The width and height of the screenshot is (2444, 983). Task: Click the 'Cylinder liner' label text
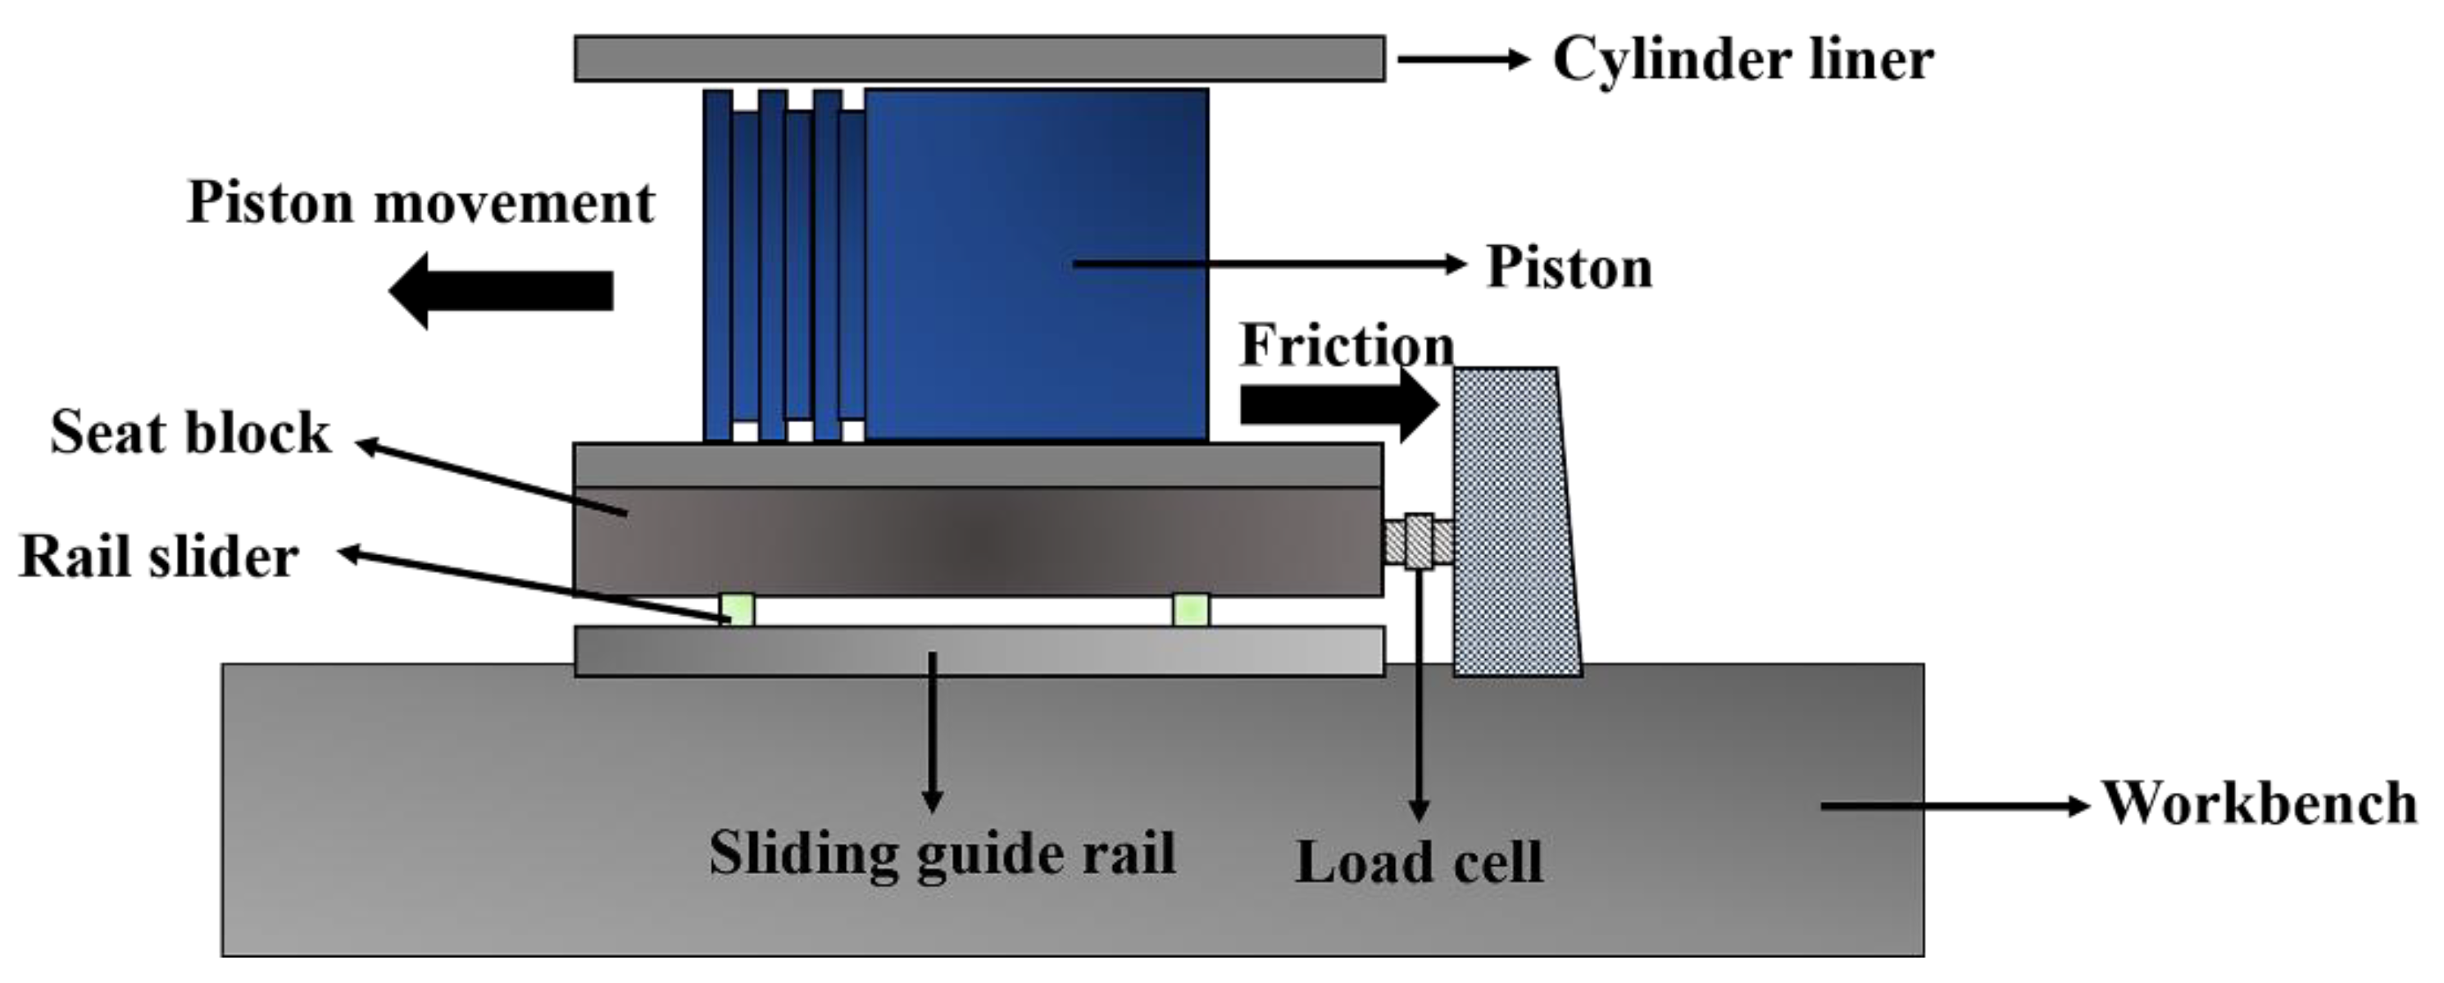(1742, 60)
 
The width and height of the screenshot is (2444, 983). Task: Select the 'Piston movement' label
(420, 203)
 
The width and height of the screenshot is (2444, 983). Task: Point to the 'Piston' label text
(1569, 266)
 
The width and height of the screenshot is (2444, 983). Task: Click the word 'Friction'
(1345, 344)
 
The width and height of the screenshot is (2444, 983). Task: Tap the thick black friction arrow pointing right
(1338, 405)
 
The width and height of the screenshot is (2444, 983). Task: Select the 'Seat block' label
(190, 433)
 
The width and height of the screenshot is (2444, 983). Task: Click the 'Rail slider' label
(158, 556)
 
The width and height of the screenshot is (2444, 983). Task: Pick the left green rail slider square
(737, 609)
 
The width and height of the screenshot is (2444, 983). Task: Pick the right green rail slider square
(1191, 609)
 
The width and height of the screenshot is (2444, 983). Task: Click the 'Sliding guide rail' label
(943, 852)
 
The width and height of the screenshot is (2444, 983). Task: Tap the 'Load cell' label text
(1419, 862)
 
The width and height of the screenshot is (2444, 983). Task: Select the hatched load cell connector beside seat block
(1419, 542)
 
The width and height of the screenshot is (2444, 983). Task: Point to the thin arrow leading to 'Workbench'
(1955, 806)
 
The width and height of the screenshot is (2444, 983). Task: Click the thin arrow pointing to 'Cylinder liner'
(1463, 59)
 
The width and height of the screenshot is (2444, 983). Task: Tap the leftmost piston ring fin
(717, 266)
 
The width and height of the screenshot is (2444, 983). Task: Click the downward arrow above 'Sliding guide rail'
(933, 730)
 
